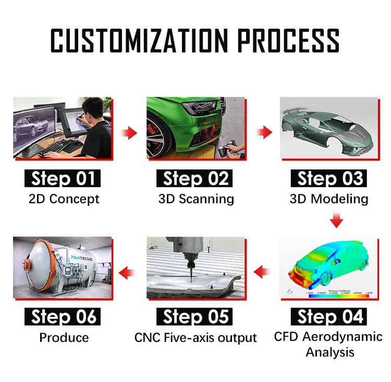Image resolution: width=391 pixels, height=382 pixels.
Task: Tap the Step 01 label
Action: [x=63, y=179]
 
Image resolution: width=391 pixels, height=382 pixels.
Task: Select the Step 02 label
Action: [x=195, y=179]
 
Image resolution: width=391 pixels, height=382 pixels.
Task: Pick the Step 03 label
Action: [x=329, y=179]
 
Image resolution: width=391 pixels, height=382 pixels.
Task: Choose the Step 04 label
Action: [x=329, y=316]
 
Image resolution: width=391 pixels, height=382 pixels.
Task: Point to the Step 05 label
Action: [x=195, y=316]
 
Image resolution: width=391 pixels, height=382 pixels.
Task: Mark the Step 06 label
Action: [x=63, y=316]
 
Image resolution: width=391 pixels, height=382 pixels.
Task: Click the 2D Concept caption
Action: [x=63, y=199]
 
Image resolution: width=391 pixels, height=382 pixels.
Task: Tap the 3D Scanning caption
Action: [x=196, y=199]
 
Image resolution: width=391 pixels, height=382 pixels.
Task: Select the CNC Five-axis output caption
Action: [x=195, y=337]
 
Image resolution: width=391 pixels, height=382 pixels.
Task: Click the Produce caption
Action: [x=64, y=337]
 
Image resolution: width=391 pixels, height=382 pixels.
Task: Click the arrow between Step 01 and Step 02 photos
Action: [x=129, y=133]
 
